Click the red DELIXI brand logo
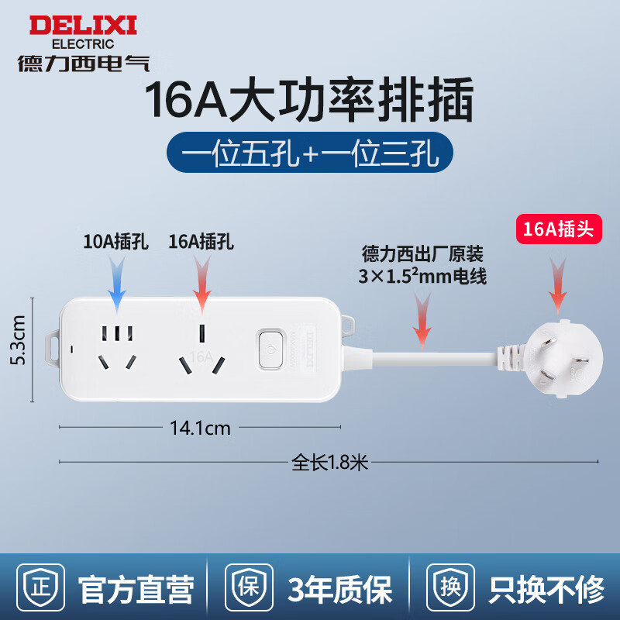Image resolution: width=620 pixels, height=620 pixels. click(x=83, y=26)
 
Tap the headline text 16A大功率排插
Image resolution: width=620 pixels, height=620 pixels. click(x=309, y=100)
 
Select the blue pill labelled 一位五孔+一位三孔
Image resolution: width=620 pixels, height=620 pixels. click(x=309, y=152)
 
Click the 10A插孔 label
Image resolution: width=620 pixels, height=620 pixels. click(x=115, y=242)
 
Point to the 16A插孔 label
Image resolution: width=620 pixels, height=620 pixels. click(x=201, y=242)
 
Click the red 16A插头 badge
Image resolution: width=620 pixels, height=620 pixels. click(x=559, y=229)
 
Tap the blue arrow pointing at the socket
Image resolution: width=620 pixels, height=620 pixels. click(x=117, y=284)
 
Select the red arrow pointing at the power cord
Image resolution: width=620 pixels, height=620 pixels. click(x=422, y=321)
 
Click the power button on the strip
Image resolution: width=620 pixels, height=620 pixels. click(x=270, y=350)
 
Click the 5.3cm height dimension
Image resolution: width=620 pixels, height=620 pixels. click(x=19, y=340)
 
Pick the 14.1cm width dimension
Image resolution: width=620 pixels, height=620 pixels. click(x=200, y=428)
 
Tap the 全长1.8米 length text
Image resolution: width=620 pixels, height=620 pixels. click(x=330, y=462)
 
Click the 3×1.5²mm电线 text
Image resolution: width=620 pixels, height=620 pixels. click(x=422, y=276)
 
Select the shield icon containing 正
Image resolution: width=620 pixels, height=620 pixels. click(x=41, y=587)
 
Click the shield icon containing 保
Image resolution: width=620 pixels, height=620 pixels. click(x=249, y=587)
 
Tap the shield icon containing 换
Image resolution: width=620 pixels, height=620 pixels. click(x=451, y=587)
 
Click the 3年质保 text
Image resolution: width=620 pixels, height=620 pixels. click(x=340, y=589)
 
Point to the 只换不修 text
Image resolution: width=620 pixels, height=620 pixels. click(x=546, y=589)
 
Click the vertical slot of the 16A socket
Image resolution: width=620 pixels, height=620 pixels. click(x=201, y=334)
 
